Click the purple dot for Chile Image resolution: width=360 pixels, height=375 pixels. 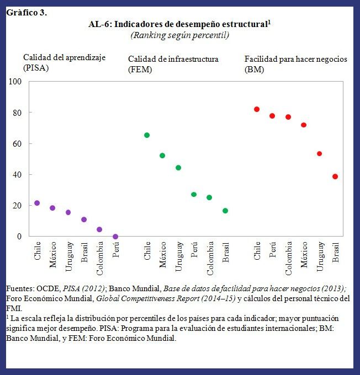pyautogui.click(x=37, y=203)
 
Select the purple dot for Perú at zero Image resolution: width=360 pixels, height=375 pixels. pyautogui.click(x=115, y=237)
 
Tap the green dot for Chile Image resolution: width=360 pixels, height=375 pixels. pyautogui.click(x=147, y=135)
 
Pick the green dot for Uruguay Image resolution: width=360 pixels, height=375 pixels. pyautogui.click(x=178, y=168)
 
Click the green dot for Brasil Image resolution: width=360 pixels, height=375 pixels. pyautogui.click(x=225, y=211)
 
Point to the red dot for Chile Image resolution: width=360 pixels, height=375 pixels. pyautogui.click(x=257, y=109)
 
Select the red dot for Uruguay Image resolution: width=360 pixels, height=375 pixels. pyautogui.click(x=319, y=154)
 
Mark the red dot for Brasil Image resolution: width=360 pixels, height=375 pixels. pyautogui.click(x=335, y=176)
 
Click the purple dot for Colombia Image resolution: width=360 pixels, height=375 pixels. pyautogui.click(x=99, y=229)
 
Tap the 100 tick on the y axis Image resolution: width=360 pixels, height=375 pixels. pyautogui.click(x=15, y=82)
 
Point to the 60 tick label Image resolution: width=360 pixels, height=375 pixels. pyautogui.click(x=16, y=143)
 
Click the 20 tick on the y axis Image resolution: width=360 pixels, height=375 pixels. pyautogui.click(x=16, y=205)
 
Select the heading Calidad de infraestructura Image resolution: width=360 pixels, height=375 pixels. pyautogui.click(x=173, y=59)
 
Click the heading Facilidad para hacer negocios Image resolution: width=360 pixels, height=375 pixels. pyautogui.click(x=296, y=59)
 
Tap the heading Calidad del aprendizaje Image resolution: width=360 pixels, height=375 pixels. pyautogui.click(x=64, y=57)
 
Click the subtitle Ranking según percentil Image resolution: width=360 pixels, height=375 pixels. pyautogui.click(x=179, y=35)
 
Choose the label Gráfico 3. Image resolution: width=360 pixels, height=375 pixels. pyautogui.click(x=27, y=13)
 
